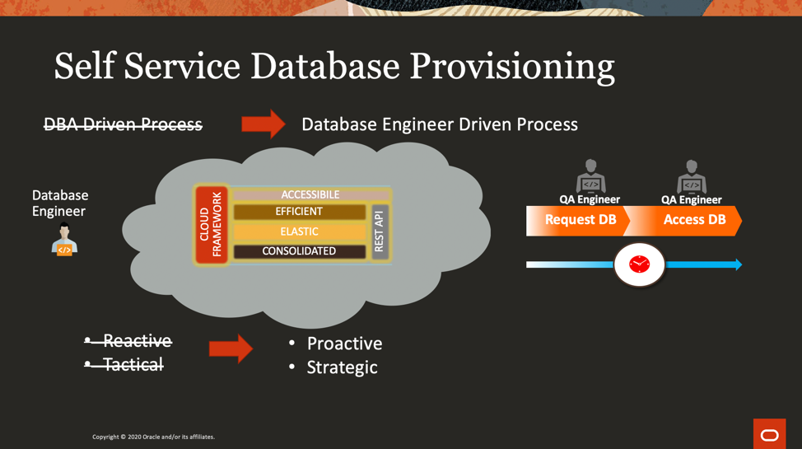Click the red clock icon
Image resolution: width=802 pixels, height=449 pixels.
coord(640,264)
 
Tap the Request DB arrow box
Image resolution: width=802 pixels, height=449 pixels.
coord(580,221)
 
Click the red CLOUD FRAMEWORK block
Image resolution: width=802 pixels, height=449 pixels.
coord(211,225)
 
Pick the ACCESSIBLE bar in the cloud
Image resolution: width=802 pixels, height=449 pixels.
coord(310,194)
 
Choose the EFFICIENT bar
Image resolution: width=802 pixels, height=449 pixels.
coord(299,212)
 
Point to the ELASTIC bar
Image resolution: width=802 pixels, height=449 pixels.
coord(299,232)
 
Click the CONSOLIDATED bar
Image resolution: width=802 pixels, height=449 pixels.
coord(299,251)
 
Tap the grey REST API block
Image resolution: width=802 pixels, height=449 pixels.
coord(379,232)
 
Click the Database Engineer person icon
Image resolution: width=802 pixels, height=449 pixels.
coord(64,240)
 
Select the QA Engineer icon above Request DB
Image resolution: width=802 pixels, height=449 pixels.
coord(590,175)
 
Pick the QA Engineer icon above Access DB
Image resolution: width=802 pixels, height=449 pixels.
coord(692,175)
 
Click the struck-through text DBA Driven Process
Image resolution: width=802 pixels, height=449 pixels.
coord(123,124)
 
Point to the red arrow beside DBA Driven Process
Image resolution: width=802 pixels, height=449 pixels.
coord(263,124)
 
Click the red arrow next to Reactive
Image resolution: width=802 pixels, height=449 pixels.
coord(231,348)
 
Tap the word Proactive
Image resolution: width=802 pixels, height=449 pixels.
coord(344,344)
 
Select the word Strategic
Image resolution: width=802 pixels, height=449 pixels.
coord(342,367)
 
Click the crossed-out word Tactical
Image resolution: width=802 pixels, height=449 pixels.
coord(133,364)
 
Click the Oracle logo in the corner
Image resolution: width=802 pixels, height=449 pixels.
coord(769,434)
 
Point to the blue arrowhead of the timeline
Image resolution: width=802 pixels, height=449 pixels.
coord(738,264)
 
